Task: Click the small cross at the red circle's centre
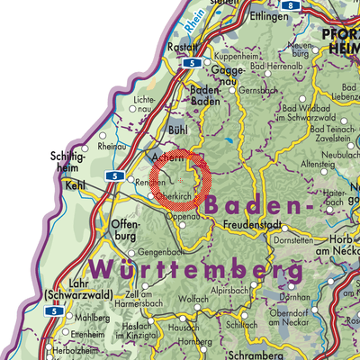coord(180,181)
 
